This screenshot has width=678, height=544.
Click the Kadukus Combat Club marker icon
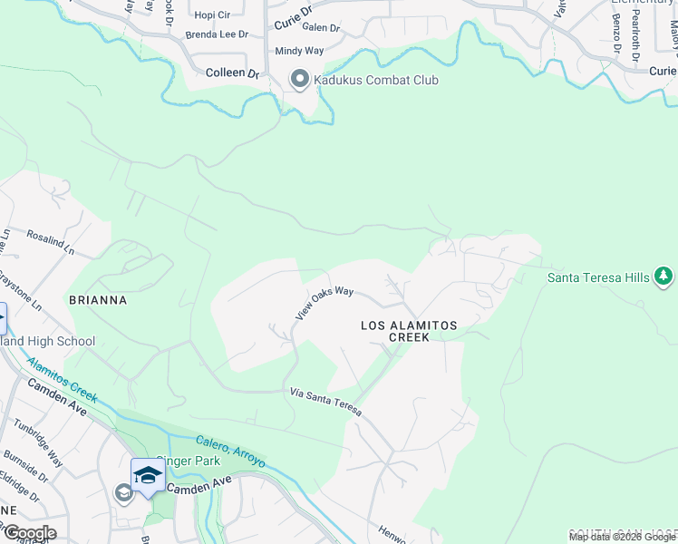[299, 81]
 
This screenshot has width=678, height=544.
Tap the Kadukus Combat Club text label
[376, 81]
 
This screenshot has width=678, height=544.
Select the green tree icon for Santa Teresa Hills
[663, 276]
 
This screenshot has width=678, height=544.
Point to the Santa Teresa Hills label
[598, 277]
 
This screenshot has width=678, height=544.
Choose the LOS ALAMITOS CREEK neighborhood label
[409, 331]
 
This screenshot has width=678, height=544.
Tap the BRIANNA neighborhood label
[97, 299]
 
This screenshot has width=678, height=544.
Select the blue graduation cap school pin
[148, 474]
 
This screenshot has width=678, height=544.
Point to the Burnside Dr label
[28, 460]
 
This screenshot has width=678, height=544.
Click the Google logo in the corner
[29, 533]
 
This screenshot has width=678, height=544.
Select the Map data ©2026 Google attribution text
[622, 537]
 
